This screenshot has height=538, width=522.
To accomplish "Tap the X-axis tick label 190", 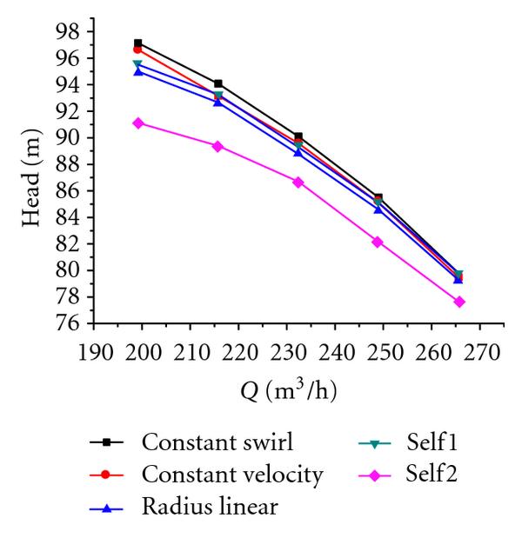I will click(x=95, y=352).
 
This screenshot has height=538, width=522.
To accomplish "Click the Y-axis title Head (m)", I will click(x=33, y=177).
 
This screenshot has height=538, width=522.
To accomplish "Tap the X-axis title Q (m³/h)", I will click(x=289, y=391).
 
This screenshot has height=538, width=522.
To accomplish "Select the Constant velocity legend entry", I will click(x=231, y=475).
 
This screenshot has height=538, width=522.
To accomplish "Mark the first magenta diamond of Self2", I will click(x=138, y=123).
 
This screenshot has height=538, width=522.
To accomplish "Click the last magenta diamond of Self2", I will click(x=458, y=302).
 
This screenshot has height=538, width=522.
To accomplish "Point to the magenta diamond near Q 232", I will click(x=298, y=182).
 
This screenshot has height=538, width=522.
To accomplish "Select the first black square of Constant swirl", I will click(x=138, y=43).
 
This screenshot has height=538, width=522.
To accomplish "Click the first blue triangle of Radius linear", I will click(x=138, y=71).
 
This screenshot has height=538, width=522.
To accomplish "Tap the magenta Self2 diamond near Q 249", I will click(x=378, y=242).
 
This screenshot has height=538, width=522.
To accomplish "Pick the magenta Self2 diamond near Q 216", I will click(x=217, y=146).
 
